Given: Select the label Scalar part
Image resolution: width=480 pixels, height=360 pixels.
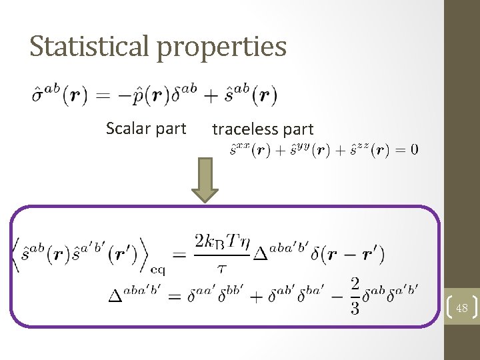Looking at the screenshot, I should coord(146,129).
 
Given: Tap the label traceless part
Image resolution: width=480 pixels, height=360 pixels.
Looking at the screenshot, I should coord(263,130).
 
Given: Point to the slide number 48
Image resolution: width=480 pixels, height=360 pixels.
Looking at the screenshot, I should coord(462,307).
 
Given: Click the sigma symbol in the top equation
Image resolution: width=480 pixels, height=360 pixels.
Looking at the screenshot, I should coord(39,96).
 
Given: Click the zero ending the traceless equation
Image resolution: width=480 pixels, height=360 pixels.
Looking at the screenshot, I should coord(415,150).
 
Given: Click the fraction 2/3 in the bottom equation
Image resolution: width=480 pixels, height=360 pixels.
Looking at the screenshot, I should coord(355,295).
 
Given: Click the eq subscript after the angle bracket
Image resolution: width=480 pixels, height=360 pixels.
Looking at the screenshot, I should coord(158,270).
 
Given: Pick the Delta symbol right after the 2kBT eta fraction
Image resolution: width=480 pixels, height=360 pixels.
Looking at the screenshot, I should coord(261,255).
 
